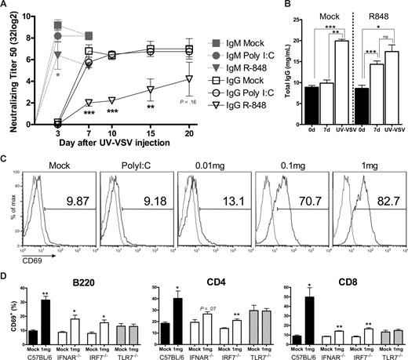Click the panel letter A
click(x=6, y=6)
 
